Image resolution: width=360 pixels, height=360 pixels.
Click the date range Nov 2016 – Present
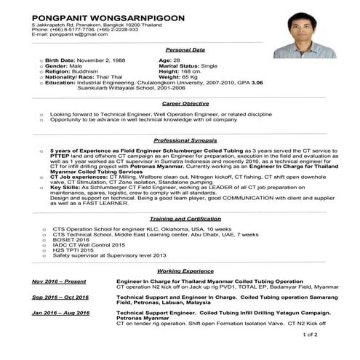60,281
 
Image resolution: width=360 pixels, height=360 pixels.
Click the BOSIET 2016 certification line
70,240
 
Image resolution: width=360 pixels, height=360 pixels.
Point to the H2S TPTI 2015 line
73,250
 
